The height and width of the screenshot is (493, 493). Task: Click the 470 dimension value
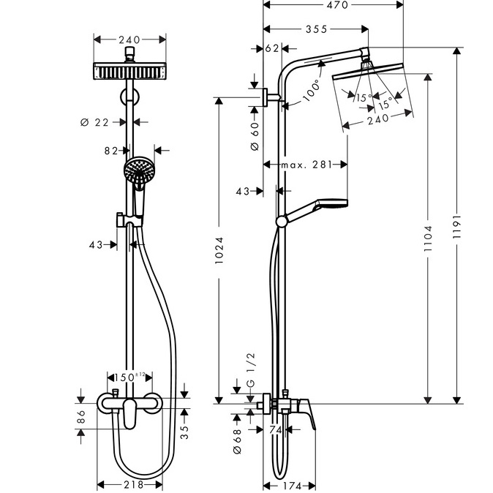337,5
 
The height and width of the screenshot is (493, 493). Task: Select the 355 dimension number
317,29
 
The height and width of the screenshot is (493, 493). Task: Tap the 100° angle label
312,90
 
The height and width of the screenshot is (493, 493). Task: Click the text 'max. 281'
306,165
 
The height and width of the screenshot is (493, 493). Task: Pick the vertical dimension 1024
219,250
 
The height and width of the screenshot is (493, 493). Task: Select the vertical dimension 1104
428,238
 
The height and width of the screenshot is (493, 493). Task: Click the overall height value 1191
456,227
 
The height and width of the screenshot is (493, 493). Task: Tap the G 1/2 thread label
251,370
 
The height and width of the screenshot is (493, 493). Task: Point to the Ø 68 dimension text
238,441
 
